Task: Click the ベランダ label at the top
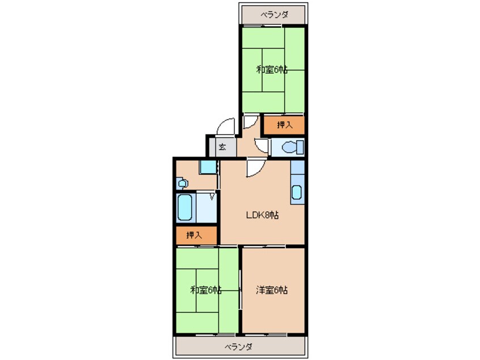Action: coord(274,14)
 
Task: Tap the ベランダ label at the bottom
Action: coord(238,347)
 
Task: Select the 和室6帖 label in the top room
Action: coord(272,70)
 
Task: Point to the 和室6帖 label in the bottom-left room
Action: coord(206,290)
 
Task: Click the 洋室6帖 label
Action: coord(272,290)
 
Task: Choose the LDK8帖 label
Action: coord(262,215)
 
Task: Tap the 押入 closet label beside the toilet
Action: coord(285,125)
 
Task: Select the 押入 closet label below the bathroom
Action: coord(194,235)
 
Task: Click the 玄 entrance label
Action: coord(222,147)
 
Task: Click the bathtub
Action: coord(185,207)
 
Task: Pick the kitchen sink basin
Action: coord(297,192)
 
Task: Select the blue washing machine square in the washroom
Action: coord(208,167)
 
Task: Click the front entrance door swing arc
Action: coord(225,126)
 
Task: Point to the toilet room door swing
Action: coord(261,146)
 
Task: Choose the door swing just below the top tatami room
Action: coord(251,122)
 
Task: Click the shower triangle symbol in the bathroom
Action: coord(212,196)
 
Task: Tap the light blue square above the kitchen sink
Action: coord(297,168)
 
